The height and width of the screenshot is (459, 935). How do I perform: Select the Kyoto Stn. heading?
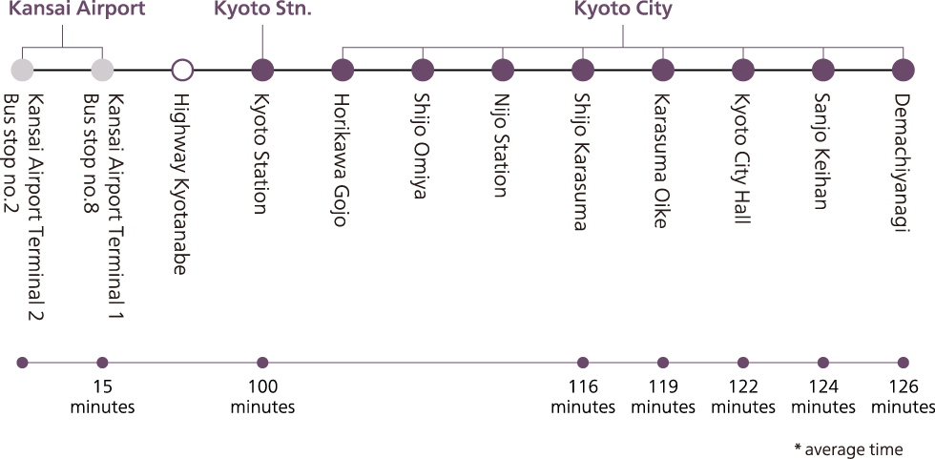pyautogui.click(x=262, y=10)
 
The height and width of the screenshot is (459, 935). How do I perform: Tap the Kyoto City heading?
pyautogui.click(x=623, y=10)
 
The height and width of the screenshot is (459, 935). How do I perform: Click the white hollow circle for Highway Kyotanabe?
pyautogui.click(x=182, y=70)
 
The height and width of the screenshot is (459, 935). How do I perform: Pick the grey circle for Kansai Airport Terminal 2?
pyautogui.click(x=22, y=70)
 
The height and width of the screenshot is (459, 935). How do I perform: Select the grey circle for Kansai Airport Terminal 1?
pyautogui.click(x=102, y=70)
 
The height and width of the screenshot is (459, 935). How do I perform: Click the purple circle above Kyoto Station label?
pyautogui.click(x=262, y=70)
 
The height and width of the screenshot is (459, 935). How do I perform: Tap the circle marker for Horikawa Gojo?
pyautogui.click(x=343, y=70)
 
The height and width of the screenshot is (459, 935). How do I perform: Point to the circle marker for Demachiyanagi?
pyautogui.click(x=904, y=70)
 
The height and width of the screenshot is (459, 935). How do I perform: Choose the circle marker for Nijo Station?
pyautogui.click(x=503, y=70)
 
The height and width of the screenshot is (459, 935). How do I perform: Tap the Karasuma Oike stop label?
pyautogui.click(x=661, y=160)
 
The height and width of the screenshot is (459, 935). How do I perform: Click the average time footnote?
pyautogui.click(x=847, y=449)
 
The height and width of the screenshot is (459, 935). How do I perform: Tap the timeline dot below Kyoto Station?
pyautogui.click(x=262, y=363)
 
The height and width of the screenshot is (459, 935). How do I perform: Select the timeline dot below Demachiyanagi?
pyautogui.click(x=904, y=363)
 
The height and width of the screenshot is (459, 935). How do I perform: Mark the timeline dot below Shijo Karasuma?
pyautogui.click(x=583, y=363)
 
